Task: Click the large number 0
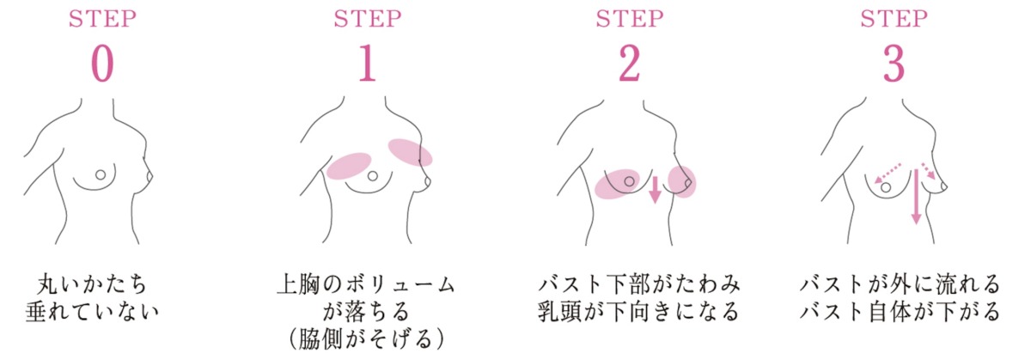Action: (102, 64)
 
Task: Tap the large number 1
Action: (368, 64)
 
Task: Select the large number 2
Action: (629, 64)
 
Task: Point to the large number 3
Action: (894, 64)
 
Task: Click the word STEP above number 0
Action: (102, 19)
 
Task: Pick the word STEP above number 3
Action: (894, 19)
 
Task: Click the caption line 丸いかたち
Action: (92, 284)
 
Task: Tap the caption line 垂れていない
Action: (92, 312)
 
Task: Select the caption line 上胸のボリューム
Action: (366, 284)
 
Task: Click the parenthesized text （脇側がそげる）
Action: (366, 339)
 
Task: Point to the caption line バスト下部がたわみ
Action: (639, 284)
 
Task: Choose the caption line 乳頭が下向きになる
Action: (639, 312)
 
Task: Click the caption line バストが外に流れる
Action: (900, 284)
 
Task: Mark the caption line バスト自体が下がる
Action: (900, 312)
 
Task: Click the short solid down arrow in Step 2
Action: (655, 189)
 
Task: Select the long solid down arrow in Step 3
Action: (917, 197)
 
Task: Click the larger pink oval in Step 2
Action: (617, 184)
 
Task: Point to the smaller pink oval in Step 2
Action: (682, 182)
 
